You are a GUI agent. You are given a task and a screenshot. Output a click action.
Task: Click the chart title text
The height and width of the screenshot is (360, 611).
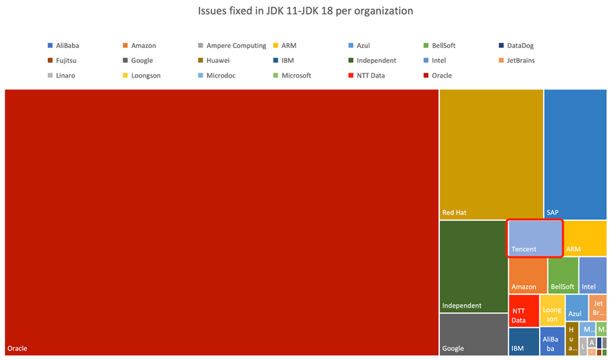[305, 11]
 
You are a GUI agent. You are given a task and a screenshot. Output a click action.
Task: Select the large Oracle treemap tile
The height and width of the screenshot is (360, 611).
[221, 222]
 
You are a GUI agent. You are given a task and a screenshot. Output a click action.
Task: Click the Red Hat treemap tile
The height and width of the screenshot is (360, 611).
[491, 154]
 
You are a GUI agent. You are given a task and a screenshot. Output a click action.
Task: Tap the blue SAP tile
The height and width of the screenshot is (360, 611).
[575, 154]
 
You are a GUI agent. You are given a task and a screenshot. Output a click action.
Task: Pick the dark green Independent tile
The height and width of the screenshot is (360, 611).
[473, 266]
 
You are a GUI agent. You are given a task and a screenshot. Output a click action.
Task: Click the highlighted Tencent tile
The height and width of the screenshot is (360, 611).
[535, 239]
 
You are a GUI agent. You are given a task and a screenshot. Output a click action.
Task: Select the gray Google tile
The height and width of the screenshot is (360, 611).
[473, 335]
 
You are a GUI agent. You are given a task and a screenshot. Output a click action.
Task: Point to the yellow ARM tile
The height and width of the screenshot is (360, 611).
[586, 239]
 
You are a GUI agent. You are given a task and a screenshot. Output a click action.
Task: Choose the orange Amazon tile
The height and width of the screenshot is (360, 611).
[527, 275]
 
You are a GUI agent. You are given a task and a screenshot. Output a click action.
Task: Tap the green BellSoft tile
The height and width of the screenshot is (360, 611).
[562, 275]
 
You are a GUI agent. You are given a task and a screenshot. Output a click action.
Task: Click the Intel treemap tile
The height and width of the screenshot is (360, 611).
[593, 275]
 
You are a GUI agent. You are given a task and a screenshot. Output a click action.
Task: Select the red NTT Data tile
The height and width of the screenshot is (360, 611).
[523, 310]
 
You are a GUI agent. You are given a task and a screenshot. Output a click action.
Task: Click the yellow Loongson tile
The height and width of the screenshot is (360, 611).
[552, 310]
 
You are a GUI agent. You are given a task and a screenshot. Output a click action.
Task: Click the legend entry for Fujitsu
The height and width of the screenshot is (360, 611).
[71, 61]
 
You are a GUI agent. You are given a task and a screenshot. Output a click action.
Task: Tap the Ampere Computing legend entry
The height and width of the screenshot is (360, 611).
[236, 46]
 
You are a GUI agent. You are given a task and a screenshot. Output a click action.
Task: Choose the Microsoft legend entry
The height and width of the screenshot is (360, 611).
[296, 76]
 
